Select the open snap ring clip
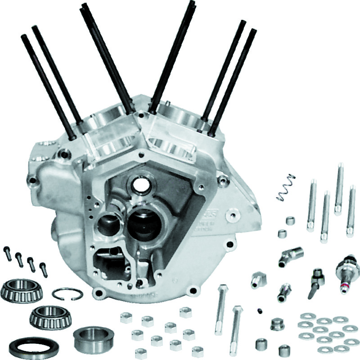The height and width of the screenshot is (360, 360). click(x=67, y=294)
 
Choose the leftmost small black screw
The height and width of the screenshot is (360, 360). click(x=8, y=253)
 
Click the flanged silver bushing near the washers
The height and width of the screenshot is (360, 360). click(x=276, y=324)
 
